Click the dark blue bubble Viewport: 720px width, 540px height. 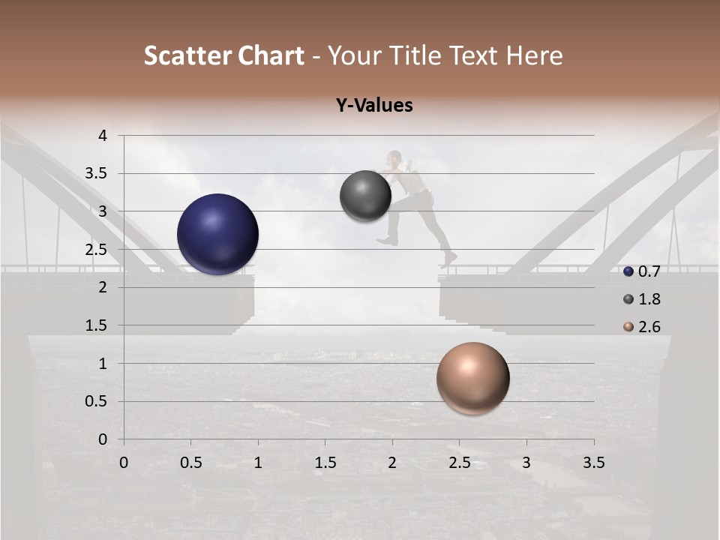[218, 234]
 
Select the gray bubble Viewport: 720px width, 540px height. [366, 196]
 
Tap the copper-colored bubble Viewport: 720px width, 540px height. [472, 378]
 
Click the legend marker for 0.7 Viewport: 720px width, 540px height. [628, 271]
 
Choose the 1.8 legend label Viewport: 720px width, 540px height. [649, 299]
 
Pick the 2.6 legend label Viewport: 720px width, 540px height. [649, 327]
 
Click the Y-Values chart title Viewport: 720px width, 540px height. [374, 106]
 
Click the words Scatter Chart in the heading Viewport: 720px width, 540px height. [223, 55]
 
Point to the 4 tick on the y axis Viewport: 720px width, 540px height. [103, 136]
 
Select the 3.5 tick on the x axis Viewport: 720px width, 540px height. [593, 463]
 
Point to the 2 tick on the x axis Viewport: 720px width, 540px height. [392, 463]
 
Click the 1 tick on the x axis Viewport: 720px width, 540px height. [258, 463]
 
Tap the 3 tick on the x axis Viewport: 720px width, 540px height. [526, 463]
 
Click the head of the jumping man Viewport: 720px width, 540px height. [394, 157]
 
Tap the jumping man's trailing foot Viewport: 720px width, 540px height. [449, 259]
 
